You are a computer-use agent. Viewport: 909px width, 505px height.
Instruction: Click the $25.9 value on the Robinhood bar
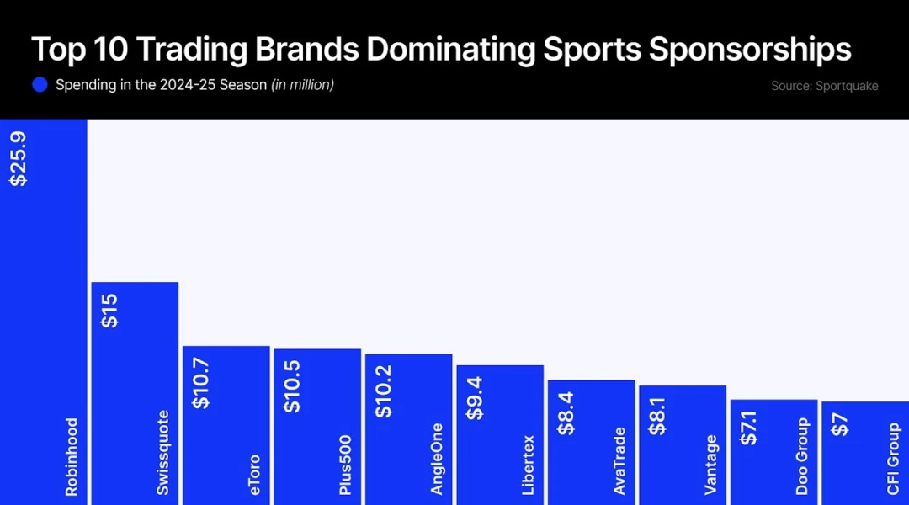(x=18, y=157)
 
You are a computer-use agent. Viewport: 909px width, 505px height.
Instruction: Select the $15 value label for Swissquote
(x=109, y=311)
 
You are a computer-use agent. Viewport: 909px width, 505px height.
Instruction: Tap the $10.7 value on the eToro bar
(x=201, y=383)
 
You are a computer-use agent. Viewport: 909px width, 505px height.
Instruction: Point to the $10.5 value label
(x=292, y=386)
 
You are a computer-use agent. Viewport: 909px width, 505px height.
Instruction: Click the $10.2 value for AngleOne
(x=383, y=391)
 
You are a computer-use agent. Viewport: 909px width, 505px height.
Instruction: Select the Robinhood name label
(x=72, y=456)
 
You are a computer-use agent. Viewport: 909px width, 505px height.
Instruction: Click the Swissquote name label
(x=163, y=452)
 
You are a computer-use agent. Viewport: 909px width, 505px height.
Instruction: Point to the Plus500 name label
(x=346, y=465)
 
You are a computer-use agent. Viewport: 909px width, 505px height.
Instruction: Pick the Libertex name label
(x=529, y=465)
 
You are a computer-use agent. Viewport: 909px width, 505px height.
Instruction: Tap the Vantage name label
(x=711, y=465)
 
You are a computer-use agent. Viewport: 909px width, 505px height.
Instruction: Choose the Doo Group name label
(x=802, y=456)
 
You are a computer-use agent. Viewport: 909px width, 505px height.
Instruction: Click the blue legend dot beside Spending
(x=40, y=85)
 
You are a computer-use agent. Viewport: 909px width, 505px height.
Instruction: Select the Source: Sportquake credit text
(x=824, y=86)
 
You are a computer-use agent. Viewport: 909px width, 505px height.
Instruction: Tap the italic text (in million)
(x=302, y=85)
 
